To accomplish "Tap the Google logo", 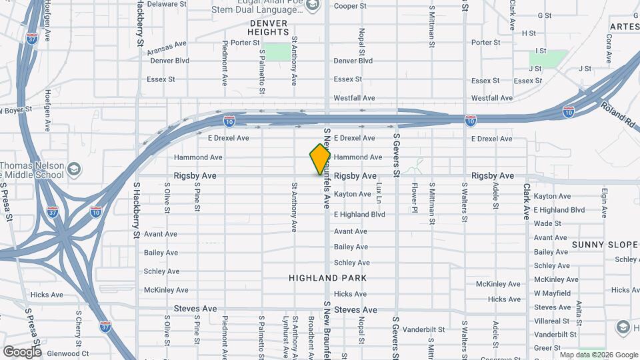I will [22, 351].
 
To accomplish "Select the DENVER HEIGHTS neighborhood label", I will [267, 27].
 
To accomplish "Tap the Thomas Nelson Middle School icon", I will [74, 167].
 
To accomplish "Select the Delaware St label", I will [166, 4].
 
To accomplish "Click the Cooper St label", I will [350, 6].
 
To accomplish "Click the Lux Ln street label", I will [379, 193].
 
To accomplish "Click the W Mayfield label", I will [552, 293].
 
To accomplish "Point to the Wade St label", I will [547, 223].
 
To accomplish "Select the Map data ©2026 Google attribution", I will [598, 355].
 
